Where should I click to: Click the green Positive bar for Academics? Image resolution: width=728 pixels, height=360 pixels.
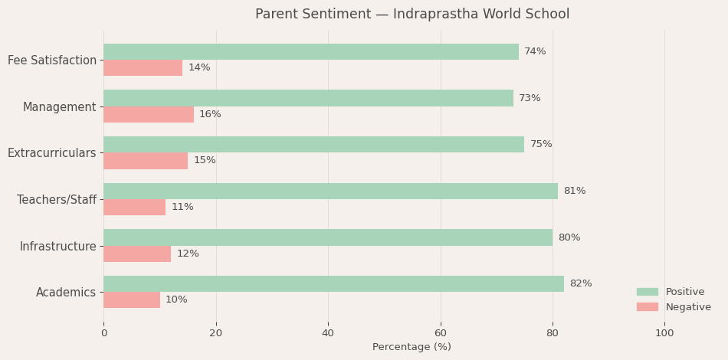pyautogui.click(x=333, y=284)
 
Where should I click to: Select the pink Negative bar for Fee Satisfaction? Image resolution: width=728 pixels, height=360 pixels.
pyautogui.click(x=143, y=68)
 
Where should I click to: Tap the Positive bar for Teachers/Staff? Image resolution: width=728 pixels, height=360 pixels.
pyautogui.click(x=330, y=191)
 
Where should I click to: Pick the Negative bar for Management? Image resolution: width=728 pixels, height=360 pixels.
pyautogui.click(x=149, y=115)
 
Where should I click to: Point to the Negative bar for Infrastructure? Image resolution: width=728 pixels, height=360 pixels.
pyautogui.click(x=137, y=254)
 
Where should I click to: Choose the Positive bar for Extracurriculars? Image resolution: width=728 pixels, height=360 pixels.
pyautogui.click(x=313, y=145)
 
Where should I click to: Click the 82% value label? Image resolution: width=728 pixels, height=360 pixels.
pyautogui.click(x=580, y=284)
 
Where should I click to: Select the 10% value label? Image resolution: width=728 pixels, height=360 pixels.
pyautogui.click(x=176, y=300)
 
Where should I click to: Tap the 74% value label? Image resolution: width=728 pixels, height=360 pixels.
pyautogui.click(x=535, y=52)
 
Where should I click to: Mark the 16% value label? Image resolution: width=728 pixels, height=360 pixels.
pyautogui.click(x=210, y=115)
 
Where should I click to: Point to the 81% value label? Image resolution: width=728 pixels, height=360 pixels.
pyautogui.click(x=574, y=191)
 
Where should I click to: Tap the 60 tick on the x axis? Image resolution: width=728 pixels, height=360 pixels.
pyautogui.click(x=440, y=333)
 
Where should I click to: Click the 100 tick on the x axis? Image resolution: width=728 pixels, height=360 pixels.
pyautogui.click(x=664, y=333)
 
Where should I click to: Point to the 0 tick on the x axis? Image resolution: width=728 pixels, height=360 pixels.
pyautogui.click(x=104, y=333)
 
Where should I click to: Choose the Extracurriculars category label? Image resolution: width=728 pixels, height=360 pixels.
pyautogui.click(x=52, y=153)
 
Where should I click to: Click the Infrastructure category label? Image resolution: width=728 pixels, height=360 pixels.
pyautogui.click(x=58, y=247)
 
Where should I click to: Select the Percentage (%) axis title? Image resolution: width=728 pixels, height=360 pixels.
pyautogui.click(x=412, y=347)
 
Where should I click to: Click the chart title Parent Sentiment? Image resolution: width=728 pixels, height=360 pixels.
pyautogui.click(x=412, y=15)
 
